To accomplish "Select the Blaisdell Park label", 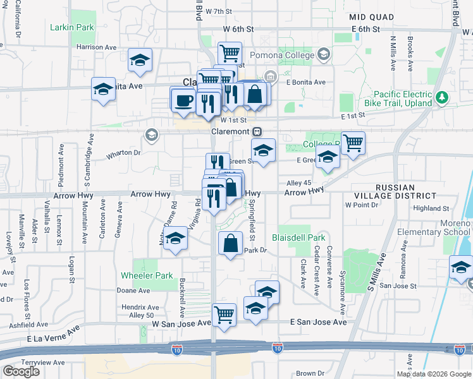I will point(298,238).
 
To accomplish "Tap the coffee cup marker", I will point(183,100).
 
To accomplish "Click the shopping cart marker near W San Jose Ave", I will point(224,314).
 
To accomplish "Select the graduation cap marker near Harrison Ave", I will point(140,61).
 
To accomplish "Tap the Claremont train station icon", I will point(257,132).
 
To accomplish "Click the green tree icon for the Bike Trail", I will point(443,98).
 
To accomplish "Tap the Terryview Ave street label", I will point(43,363).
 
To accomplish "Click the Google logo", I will point(21,371).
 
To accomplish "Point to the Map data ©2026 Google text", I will point(433,374).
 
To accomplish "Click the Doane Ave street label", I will point(133,291).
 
